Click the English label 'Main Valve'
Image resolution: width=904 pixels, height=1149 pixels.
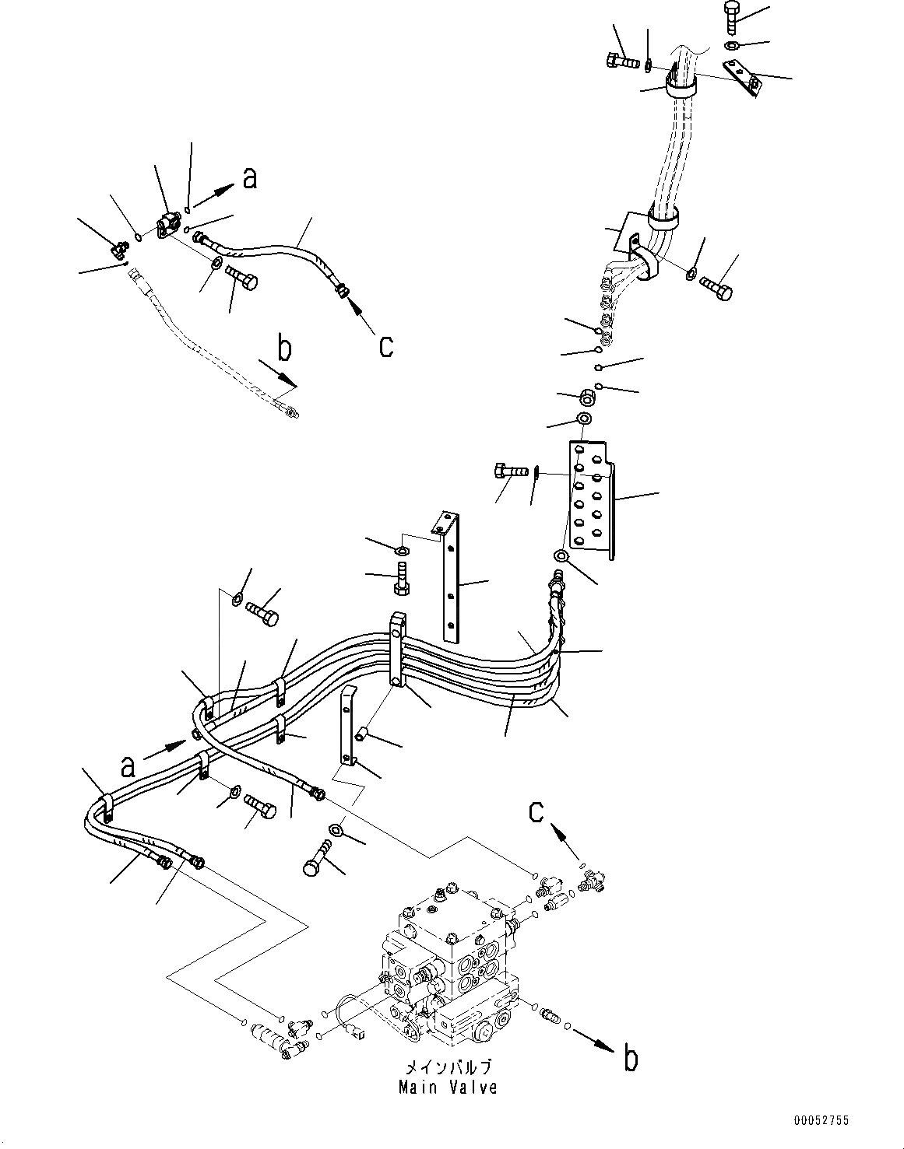tap(448, 1087)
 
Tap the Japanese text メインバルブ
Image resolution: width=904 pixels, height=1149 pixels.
tap(448, 1067)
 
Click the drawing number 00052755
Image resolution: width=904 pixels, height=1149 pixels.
tap(821, 1121)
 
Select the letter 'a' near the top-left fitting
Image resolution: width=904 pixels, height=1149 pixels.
tap(249, 178)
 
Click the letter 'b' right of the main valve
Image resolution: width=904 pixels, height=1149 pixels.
tap(631, 1059)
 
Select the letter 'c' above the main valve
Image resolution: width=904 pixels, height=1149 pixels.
tap(536, 811)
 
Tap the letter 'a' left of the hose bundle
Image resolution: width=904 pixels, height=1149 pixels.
tap(126, 767)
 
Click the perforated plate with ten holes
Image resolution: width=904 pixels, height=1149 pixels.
tap(589, 498)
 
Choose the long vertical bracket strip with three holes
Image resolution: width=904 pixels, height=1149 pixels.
tap(449, 576)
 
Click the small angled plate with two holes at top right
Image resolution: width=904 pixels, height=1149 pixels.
tap(742, 78)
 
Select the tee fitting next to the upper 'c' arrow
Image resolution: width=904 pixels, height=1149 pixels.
tap(596, 879)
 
